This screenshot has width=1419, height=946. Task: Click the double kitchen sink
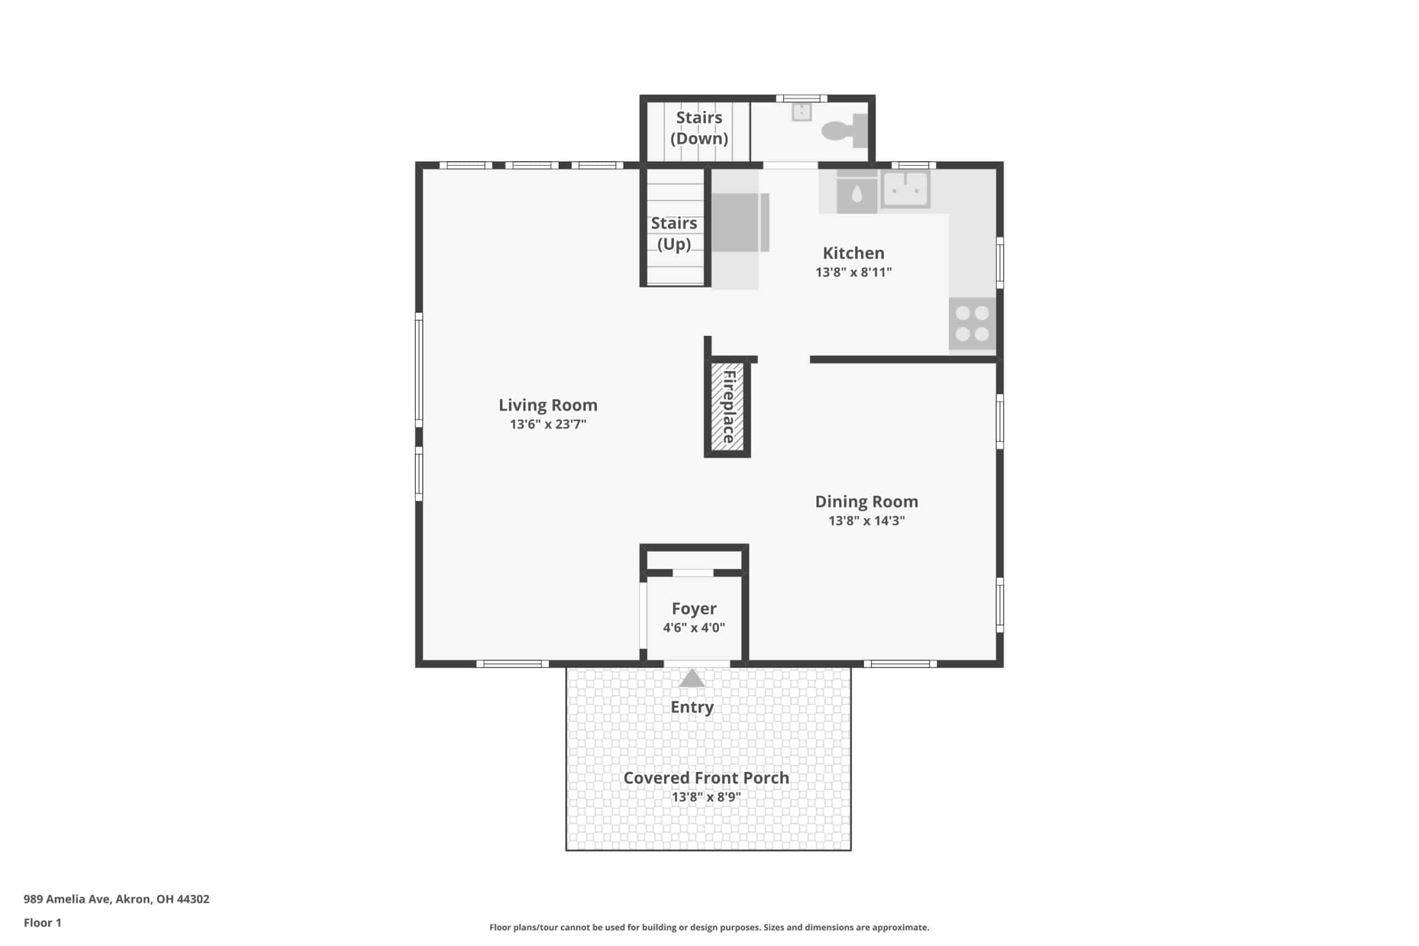(x=905, y=190)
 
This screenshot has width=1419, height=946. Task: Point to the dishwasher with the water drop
(x=857, y=192)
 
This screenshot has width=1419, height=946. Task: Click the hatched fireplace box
(x=727, y=407)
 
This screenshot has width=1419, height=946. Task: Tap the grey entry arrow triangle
(x=692, y=678)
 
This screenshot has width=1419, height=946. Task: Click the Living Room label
(x=548, y=405)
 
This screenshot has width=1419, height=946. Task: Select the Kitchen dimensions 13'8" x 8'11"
(x=853, y=272)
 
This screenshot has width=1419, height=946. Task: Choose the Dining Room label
(x=866, y=502)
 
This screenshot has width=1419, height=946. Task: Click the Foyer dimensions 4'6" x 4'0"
(x=694, y=627)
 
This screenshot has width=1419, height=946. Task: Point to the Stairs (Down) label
(x=699, y=128)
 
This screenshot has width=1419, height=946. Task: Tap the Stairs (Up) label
(x=674, y=233)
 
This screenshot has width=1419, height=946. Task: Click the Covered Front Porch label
(x=706, y=778)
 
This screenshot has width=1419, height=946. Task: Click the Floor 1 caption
(x=42, y=923)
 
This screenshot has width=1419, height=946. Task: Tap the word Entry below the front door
(x=692, y=707)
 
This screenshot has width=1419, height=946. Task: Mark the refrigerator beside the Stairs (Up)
(x=741, y=222)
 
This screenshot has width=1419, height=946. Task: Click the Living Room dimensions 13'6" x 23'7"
(x=548, y=424)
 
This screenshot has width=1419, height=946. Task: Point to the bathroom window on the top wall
(x=801, y=98)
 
